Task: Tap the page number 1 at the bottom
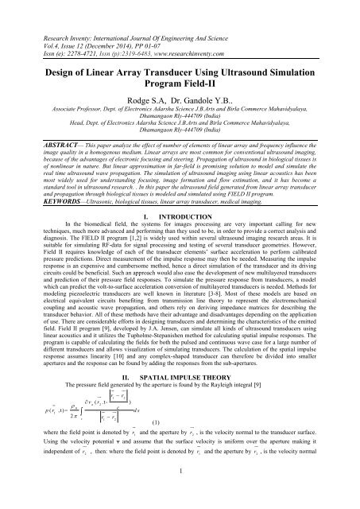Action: (180, 495)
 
